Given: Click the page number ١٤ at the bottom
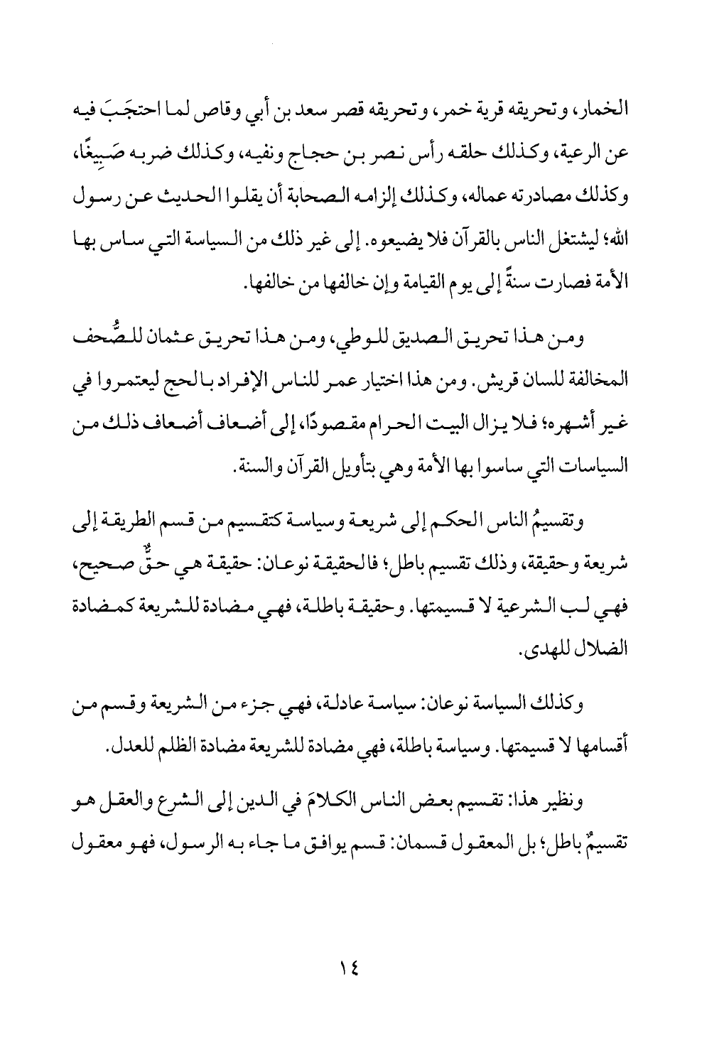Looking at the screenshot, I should coord(351,968).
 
